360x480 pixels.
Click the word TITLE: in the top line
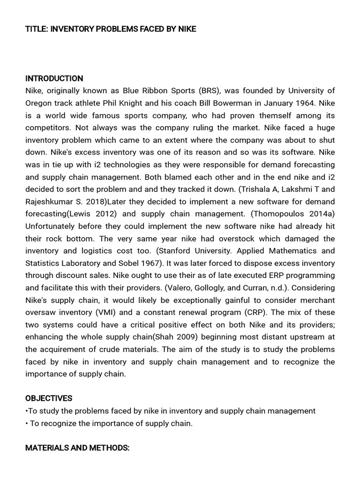36,29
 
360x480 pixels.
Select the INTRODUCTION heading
54,78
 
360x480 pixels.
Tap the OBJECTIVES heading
49,398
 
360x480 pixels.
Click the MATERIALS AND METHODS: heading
77,448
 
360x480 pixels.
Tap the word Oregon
38,103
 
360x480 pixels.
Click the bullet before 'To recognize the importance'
27,423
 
